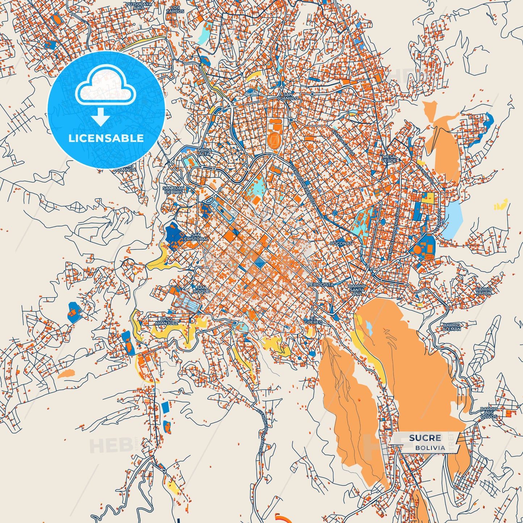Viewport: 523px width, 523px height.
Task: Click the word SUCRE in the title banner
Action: click(425, 438)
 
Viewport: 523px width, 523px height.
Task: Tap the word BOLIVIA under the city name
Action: click(430, 448)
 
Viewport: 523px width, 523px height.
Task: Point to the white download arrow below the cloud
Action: click(101, 117)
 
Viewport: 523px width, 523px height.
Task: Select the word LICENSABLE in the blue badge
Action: click(106, 138)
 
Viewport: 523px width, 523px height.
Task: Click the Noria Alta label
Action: click(204, 152)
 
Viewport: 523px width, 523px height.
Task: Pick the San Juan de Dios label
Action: click(173, 190)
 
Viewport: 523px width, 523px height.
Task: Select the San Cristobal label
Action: click(196, 237)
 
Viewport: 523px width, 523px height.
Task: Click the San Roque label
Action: click(201, 289)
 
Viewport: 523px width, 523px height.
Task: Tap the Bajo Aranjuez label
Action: click(166, 321)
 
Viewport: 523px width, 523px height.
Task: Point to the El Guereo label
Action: click(313, 320)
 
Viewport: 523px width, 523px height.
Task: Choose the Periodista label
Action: click(321, 285)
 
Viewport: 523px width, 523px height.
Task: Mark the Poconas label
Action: click(341, 244)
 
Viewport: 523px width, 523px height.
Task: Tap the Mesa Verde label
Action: click(389, 159)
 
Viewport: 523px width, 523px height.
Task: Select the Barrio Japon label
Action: click(484, 291)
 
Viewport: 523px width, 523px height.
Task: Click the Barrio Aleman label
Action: click(452, 327)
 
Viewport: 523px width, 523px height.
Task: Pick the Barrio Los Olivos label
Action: click(489, 413)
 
